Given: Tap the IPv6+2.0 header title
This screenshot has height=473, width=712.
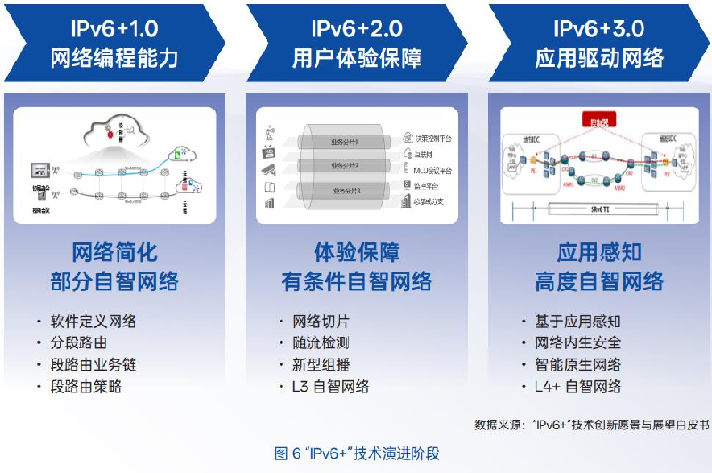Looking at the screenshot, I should pos(356,28).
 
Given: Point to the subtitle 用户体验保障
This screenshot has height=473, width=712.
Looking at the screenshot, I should pos(356,59).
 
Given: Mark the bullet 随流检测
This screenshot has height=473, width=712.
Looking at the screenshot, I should pos(321,343).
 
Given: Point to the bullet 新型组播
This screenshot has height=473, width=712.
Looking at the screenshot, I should pos(321,364).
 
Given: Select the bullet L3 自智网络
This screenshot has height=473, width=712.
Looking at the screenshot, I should pos(331,386).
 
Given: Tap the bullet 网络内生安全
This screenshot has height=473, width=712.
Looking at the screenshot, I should pos(577,343).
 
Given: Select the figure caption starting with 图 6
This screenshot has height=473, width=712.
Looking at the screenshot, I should pos(356,453).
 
